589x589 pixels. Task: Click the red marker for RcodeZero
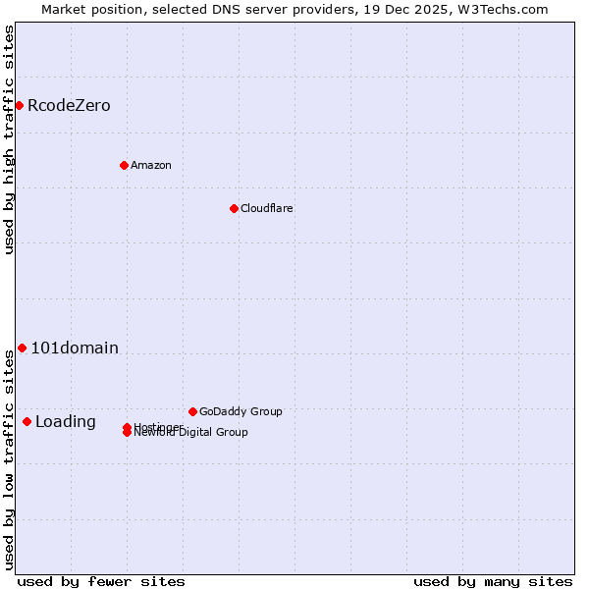(x=19, y=105)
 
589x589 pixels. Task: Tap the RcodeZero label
(x=69, y=106)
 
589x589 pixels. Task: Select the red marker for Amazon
(x=124, y=165)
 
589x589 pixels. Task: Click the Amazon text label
(x=150, y=165)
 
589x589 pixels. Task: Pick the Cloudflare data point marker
(x=234, y=208)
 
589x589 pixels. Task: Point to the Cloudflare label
(x=266, y=208)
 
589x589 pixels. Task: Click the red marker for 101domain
(x=22, y=348)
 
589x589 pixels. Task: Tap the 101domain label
(x=75, y=348)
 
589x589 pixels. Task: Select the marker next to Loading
(x=27, y=421)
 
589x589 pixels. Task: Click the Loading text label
(x=66, y=422)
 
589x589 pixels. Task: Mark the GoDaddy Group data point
(x=192, y=411)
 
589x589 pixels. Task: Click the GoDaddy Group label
(x=241, y=411)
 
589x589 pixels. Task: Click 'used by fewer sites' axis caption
(x=100, y=581)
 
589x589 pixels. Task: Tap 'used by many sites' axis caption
(x=493, y=581)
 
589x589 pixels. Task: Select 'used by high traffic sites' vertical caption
(x=9, y=139)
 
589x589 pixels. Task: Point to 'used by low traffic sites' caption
(x=9, y=458)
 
